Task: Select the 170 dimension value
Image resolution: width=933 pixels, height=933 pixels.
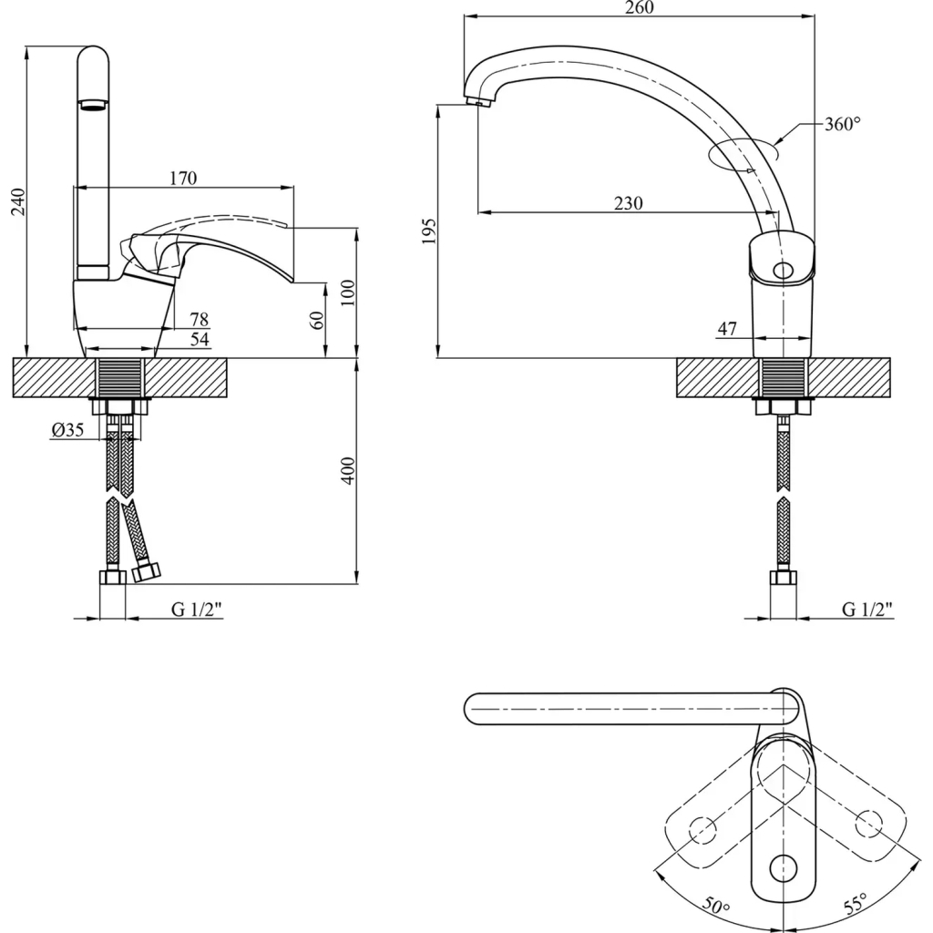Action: click(183, 179)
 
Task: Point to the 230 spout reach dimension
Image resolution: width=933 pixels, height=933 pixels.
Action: click(628, 203)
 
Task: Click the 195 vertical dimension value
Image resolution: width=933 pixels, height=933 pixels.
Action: click(430, 231)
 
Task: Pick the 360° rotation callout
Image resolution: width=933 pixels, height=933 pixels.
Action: click(842, 125)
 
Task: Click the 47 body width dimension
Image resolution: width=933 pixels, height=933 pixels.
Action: click(726, 329)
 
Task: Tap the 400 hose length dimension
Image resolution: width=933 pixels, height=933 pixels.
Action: click(347, 470)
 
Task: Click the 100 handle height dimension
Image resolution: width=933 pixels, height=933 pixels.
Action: click(347, 293)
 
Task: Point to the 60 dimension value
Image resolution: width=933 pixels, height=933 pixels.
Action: click(316, 320)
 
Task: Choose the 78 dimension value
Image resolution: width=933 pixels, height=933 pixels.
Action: click(200, 319)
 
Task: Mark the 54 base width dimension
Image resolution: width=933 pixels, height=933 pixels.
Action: click(200, 339)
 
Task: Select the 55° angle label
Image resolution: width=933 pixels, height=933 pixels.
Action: click(854, 906)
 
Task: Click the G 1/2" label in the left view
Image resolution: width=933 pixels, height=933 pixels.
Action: click(198, 610)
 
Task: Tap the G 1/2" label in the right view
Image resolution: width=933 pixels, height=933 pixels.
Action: click(866, 610)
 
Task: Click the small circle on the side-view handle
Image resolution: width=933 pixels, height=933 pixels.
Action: click(782, 271)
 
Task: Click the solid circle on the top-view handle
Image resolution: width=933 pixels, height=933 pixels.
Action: click(782, 868)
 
